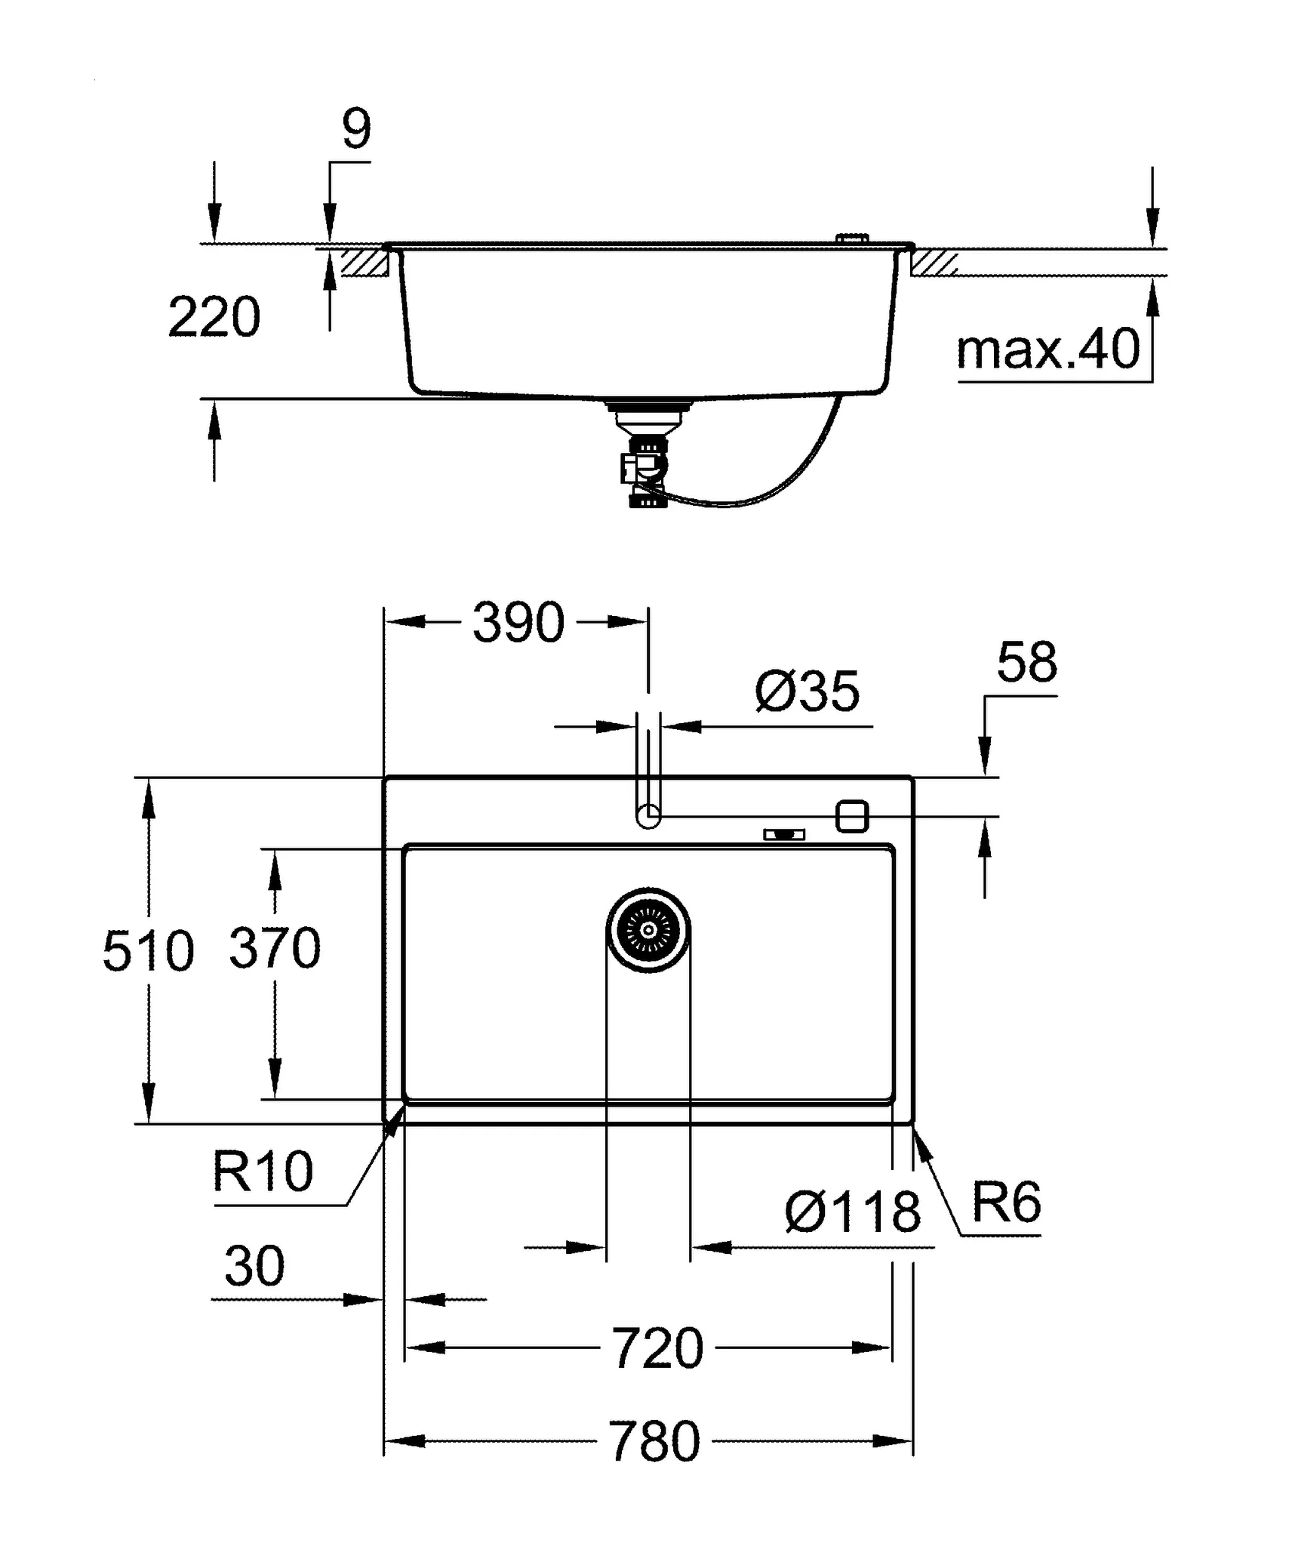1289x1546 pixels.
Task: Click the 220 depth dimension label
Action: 214,318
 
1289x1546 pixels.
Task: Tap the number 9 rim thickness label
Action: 356,130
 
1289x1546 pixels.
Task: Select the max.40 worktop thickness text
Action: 1048,350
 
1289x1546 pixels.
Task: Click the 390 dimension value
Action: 518,623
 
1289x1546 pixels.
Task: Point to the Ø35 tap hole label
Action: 807,691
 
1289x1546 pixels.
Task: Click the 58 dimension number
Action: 1027,663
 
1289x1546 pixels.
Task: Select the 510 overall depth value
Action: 148,951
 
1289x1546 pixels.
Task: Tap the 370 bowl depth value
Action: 275,948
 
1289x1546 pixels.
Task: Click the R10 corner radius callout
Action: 262,1172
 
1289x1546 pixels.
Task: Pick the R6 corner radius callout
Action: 1006,1203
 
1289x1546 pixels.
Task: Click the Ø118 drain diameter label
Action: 853,1212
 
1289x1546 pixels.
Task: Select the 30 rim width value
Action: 254,1267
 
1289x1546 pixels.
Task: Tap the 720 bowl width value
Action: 657,1349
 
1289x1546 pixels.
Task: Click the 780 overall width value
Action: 654,1442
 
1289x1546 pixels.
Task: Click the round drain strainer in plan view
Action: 648,930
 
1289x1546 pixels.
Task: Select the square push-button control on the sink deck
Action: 852,816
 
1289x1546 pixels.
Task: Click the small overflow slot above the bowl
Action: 784,834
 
